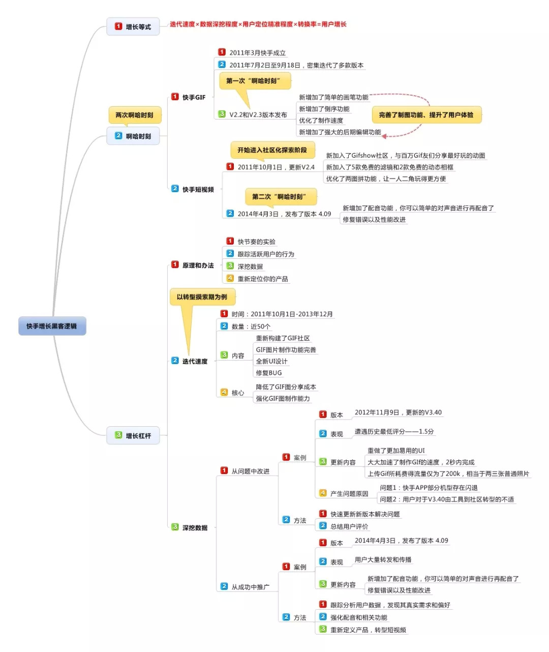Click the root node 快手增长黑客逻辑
coord(52,326)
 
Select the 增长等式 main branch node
coord(133,26)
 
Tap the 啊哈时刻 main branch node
coord(133,136)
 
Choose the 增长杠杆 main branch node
coord(133,436)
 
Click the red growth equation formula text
coord(258,24)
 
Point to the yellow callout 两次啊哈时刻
coord(134,115)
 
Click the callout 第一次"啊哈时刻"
coord(255,81)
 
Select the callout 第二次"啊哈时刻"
coord(281,196)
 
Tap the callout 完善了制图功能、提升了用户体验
coord(426,115)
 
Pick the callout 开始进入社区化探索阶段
coord(272,150)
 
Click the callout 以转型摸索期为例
coord(202,297)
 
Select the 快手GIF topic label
coord(194,97)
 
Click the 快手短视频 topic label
coord(198,189)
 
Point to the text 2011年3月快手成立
coord(257,53)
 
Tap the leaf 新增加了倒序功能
coord(324,109)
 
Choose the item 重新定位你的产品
coord(262,279)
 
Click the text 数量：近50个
coord(251,327)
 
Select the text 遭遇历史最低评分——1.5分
coord(394,432)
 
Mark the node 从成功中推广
coord(250,587)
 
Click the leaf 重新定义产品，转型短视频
coord(368,630)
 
